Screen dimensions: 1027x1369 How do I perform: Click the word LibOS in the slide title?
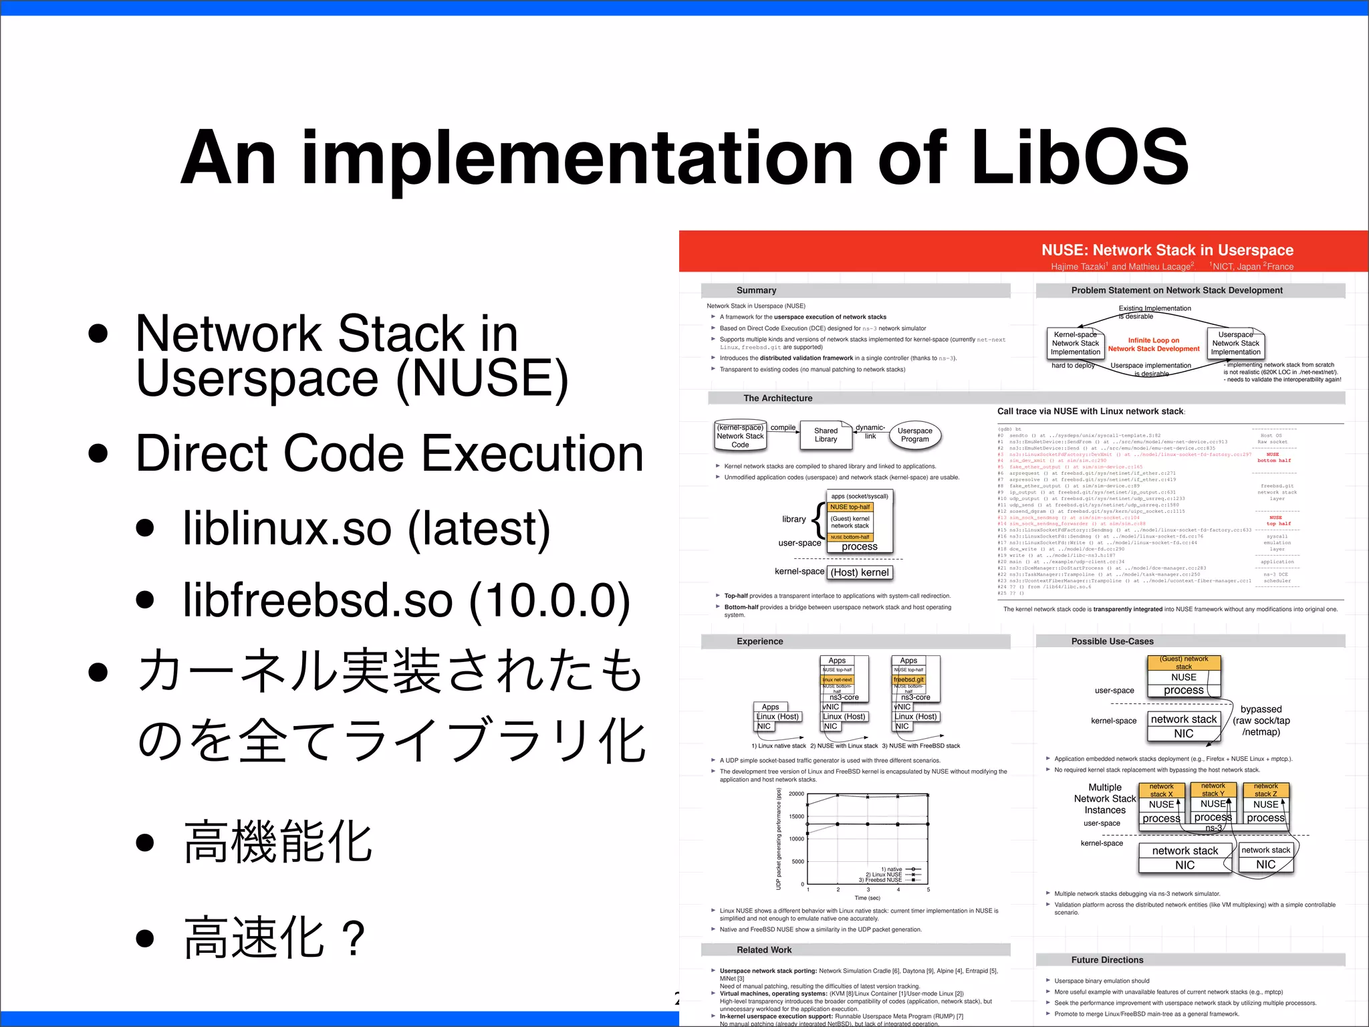point(1079,158)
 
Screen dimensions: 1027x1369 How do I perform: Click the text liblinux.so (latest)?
point(366,528)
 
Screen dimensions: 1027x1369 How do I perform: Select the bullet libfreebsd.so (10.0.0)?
point(406,600)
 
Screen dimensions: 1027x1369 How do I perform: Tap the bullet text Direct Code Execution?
point(389,453)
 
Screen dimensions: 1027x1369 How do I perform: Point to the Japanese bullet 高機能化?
point(277,842)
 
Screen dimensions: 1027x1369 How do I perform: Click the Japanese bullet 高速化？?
point(274,938)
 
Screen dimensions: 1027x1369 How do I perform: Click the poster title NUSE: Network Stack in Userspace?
point(1166,250)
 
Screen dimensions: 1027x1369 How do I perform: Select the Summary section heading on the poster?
point(756,290)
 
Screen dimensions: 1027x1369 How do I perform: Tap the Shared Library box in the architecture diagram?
point(826,435)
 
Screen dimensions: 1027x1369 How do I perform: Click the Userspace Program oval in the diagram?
point(914,435)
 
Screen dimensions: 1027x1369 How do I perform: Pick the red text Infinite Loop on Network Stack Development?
point(1154,344)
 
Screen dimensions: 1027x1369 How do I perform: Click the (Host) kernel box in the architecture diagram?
point(860,572)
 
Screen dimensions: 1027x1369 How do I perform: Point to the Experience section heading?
point(759,641)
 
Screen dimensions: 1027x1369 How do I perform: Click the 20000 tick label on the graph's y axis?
point(796,794)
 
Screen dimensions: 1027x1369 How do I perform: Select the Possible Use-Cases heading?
point(1112,641)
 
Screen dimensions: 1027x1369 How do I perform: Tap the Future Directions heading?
point(1107,959)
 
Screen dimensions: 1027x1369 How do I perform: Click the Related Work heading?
point(763,949)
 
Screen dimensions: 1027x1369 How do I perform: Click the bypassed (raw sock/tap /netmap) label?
point(1261,720)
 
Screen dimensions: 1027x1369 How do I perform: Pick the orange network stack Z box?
point(1265,790)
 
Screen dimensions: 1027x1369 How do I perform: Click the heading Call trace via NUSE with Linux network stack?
point(1090,411)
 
